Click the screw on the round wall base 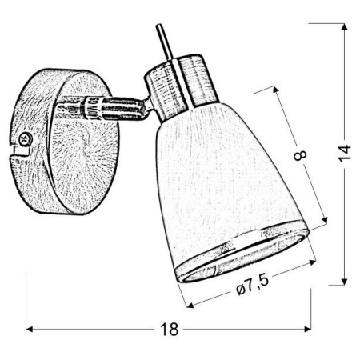pos(24,141)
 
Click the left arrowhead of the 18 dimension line pos(29,329)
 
